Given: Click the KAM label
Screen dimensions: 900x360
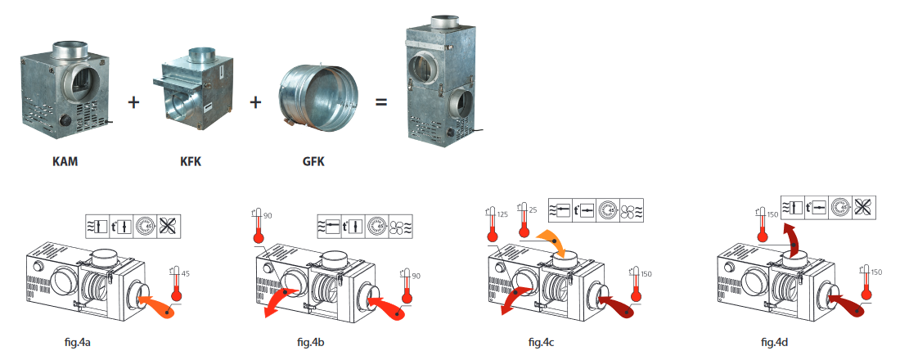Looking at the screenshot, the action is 65,161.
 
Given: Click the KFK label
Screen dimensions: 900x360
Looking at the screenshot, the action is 190,161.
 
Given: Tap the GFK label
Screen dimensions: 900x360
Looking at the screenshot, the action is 313,161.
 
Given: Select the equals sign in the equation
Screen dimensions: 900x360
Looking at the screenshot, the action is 381,102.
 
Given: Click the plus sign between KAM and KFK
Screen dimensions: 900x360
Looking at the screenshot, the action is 133,103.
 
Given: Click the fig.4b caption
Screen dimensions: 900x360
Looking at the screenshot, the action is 311,343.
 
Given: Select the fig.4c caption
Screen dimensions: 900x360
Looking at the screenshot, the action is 542,343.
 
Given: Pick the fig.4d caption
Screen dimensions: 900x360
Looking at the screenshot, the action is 774,343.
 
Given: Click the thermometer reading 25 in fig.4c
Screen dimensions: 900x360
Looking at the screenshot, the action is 524,220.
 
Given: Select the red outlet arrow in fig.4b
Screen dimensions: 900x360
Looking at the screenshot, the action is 280,301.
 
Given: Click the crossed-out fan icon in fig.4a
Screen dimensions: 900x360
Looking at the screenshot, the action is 169,226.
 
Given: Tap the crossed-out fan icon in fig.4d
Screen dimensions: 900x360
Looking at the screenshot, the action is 864,207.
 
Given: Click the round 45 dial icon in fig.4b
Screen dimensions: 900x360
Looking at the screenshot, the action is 378,226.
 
